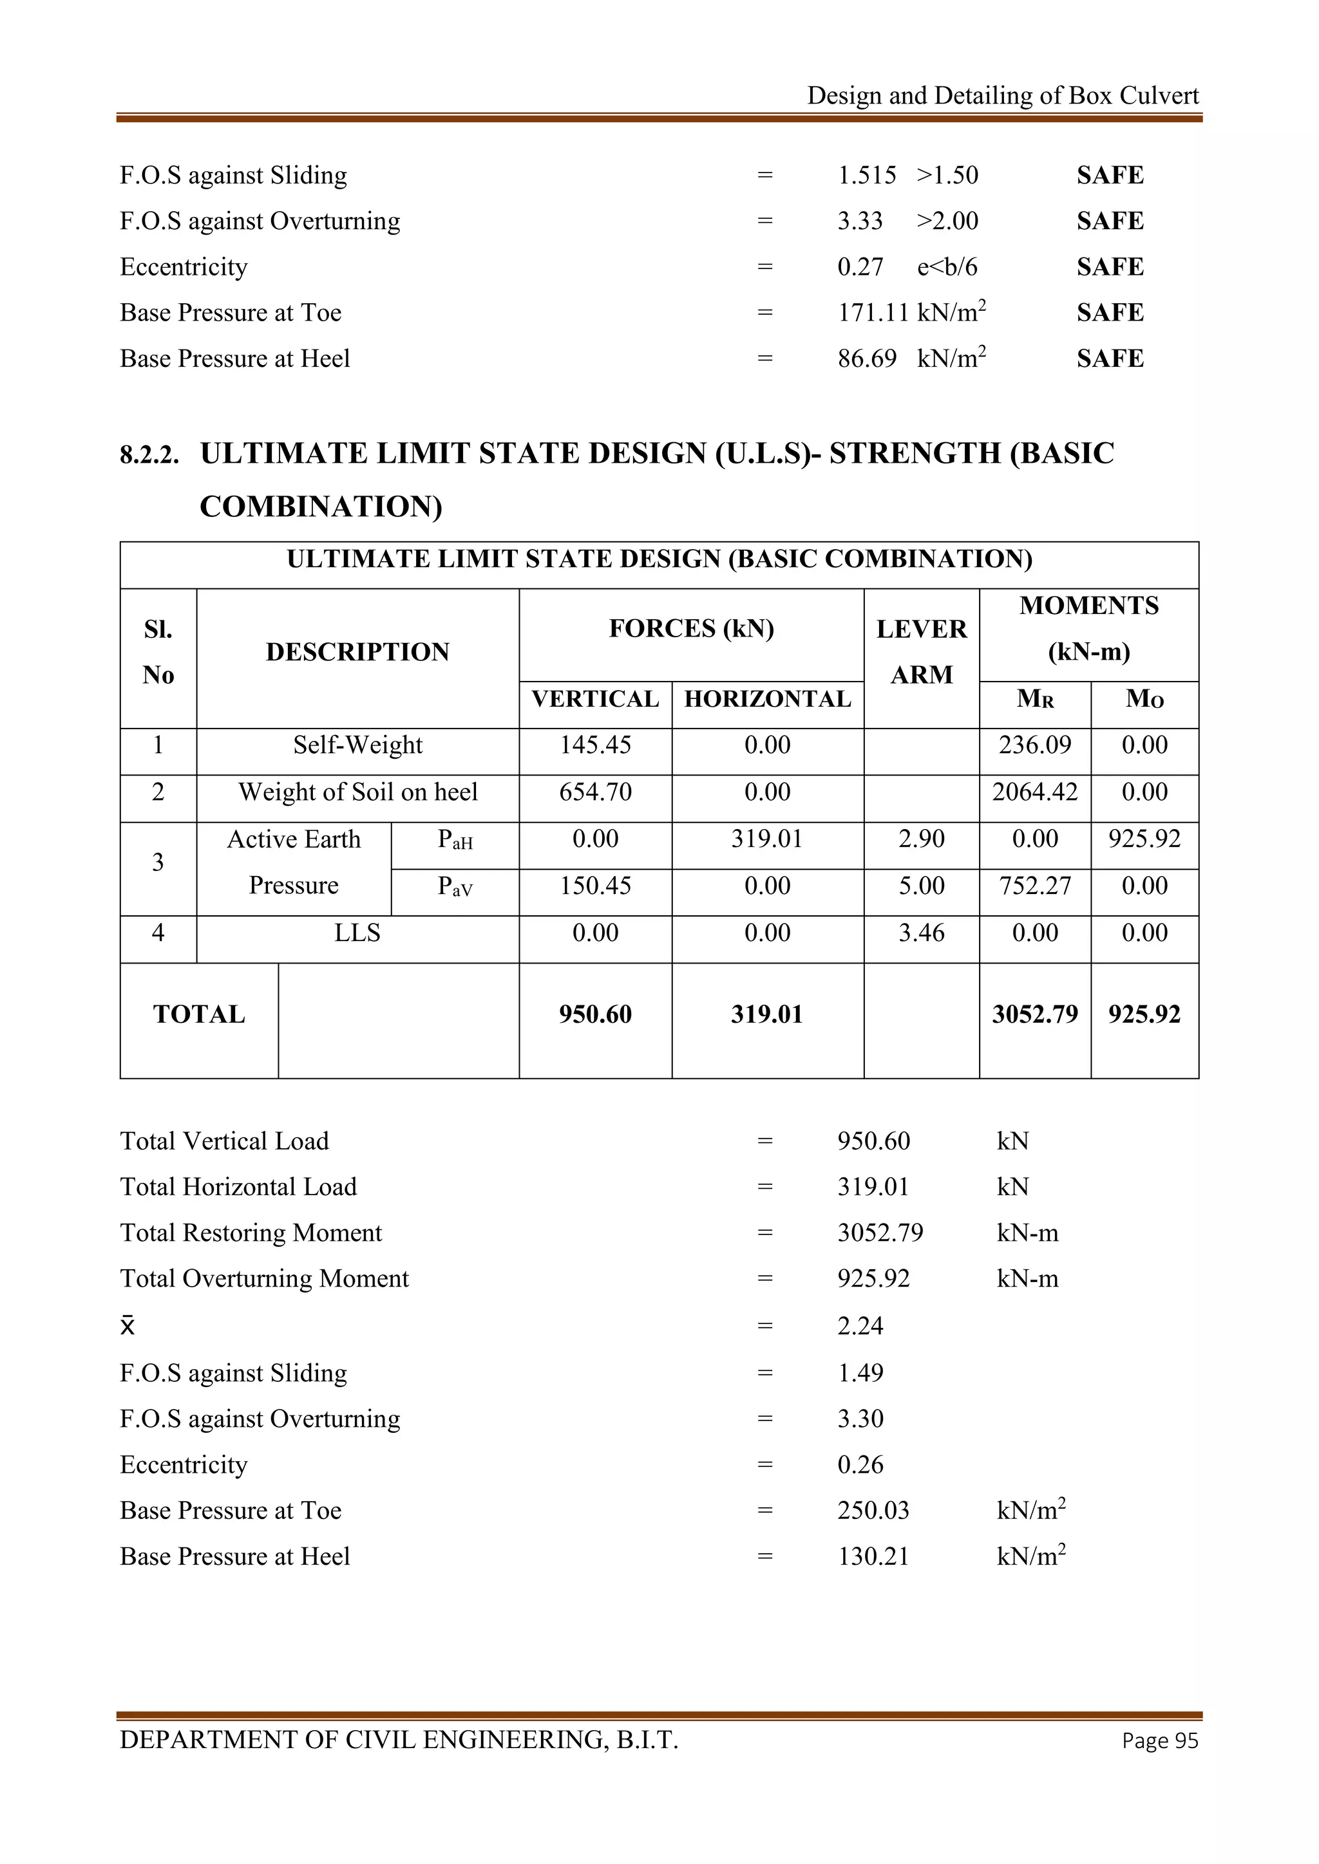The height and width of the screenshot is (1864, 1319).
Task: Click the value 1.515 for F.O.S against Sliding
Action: click(867, 175)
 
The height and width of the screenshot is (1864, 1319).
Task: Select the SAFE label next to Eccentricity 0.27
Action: click(1110, 267)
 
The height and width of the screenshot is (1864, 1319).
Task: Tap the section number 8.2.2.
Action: click(149, 454)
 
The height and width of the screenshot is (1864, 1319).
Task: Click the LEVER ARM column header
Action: click(921, 651)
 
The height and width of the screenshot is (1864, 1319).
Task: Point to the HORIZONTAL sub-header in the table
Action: click(766, 699)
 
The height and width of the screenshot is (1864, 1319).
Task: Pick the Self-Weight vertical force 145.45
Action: click(594, 745)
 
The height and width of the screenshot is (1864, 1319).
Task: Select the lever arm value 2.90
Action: click(921, 839)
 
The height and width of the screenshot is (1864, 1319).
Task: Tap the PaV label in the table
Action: click(455, 886)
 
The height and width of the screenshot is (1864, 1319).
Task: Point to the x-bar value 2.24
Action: click(860, 1327)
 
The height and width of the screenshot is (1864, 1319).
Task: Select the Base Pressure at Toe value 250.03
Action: click(873, 1511)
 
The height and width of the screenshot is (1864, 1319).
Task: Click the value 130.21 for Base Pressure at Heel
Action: click(873, 1557)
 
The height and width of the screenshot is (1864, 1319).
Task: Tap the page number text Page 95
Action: click(1159, 1740)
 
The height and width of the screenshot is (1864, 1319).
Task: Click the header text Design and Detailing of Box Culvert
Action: click(1002, 96)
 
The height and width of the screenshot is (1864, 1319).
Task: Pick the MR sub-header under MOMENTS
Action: click(1035, 699)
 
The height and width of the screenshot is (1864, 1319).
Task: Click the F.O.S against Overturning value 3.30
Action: click(860, 1419)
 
